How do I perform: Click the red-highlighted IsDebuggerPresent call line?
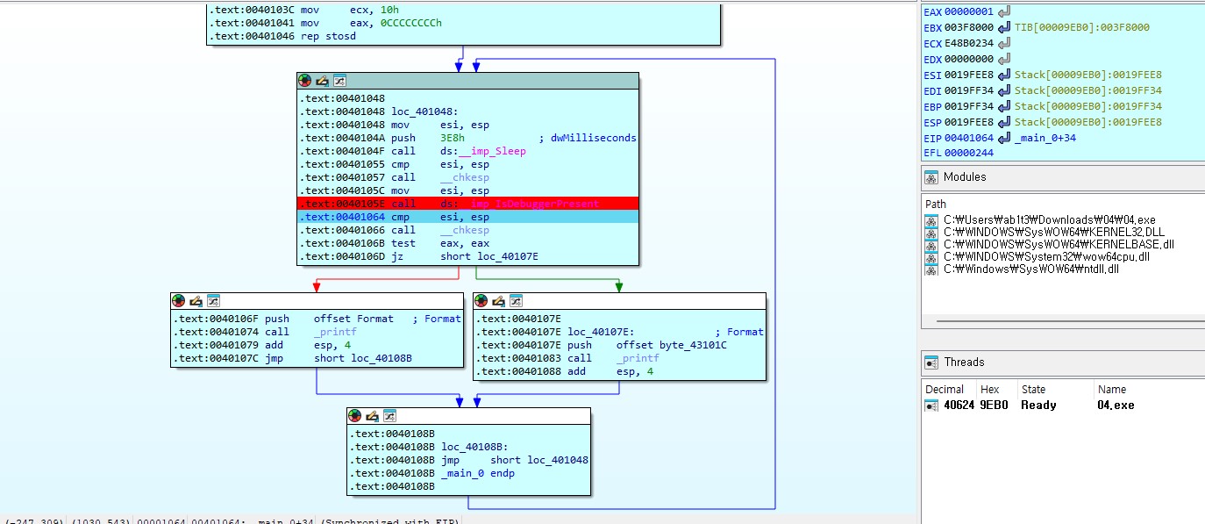467,204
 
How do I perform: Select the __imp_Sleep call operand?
483,151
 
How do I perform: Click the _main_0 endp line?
478,473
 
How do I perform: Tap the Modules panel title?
965,177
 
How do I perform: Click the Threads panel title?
964,362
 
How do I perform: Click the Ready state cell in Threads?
1038,406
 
